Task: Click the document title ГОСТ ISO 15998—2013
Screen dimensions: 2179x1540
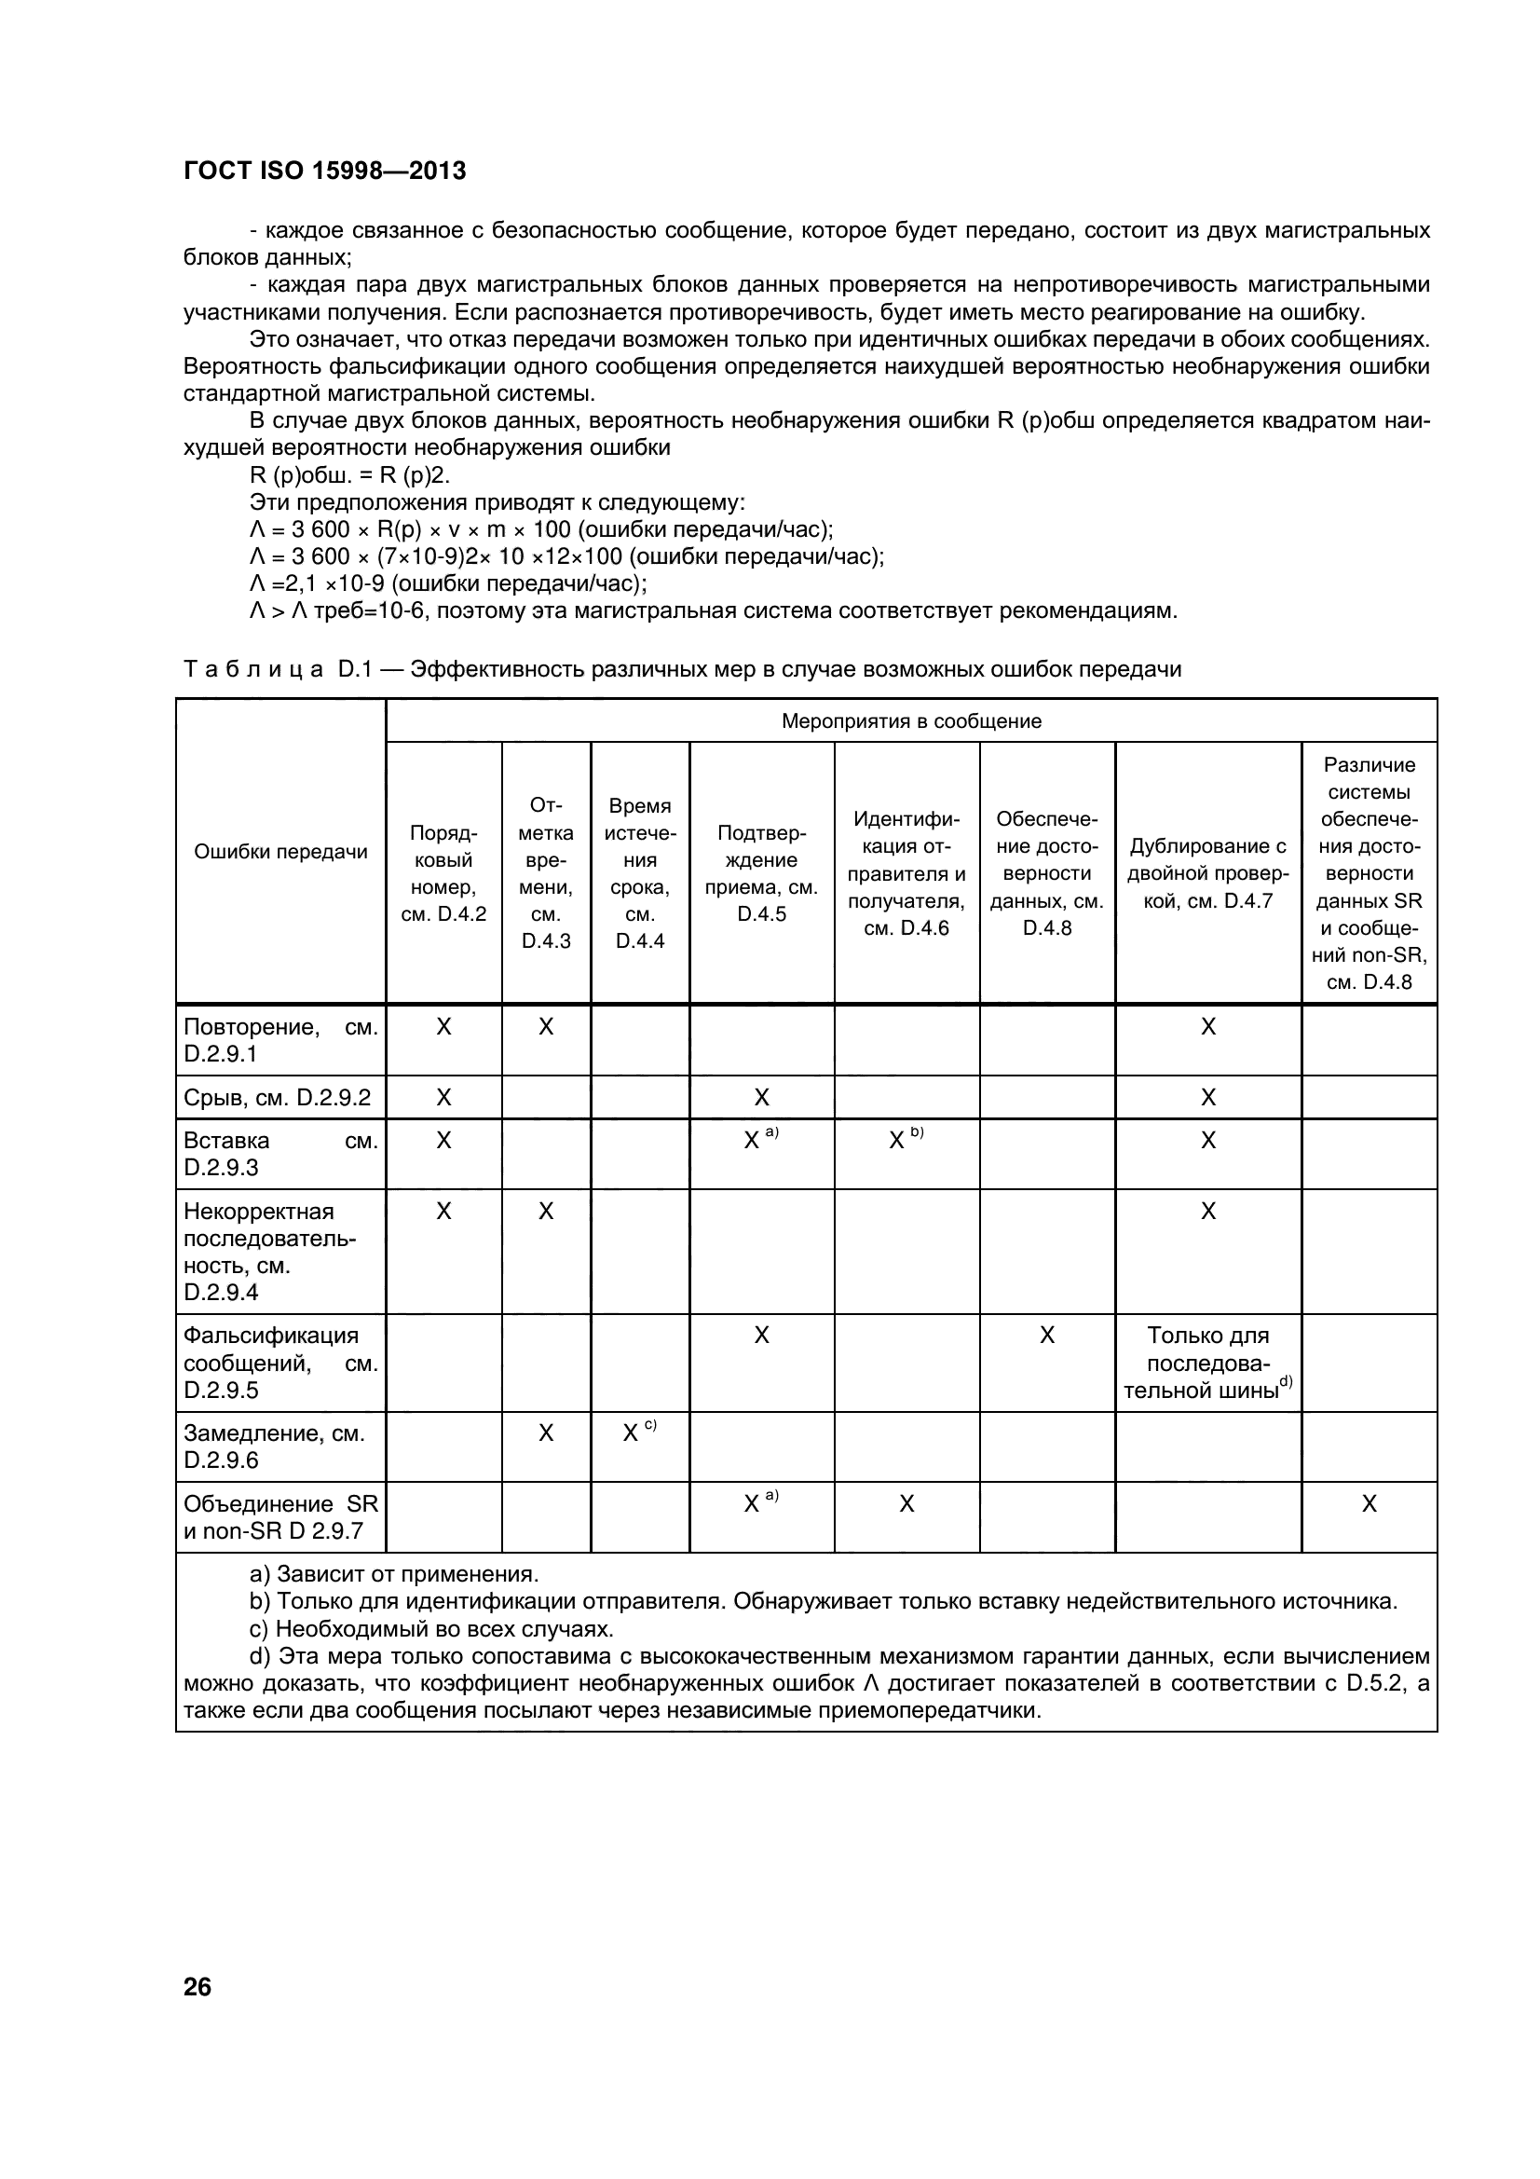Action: point(324,171)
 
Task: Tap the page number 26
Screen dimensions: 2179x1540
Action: point(198,1986)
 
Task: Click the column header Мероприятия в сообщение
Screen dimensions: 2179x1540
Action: point(911,721)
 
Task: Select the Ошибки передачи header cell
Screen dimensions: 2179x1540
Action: point(280,851)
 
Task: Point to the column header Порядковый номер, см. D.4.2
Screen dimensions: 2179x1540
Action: point(443,873)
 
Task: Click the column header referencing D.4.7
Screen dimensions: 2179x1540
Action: point(1207,873)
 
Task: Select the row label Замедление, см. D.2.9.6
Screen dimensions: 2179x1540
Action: point(274,1446)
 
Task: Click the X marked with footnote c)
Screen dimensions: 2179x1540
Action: point(631,1434)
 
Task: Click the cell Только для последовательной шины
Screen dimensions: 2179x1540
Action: point(1207,1363)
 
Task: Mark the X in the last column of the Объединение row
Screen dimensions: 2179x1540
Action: point(1369,1504)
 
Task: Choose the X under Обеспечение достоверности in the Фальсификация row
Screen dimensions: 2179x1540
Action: point(1046,1336)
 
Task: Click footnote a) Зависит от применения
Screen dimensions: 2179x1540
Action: point(394,1574)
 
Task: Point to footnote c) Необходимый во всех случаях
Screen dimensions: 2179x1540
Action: point(431,1629)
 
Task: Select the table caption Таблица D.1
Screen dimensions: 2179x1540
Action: point(681,669)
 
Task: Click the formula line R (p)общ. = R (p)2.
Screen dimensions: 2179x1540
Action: point(349,475)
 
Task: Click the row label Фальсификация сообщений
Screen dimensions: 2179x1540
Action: point(279,1363)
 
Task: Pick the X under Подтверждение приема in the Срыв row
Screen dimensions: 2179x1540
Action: point(761,1098)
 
